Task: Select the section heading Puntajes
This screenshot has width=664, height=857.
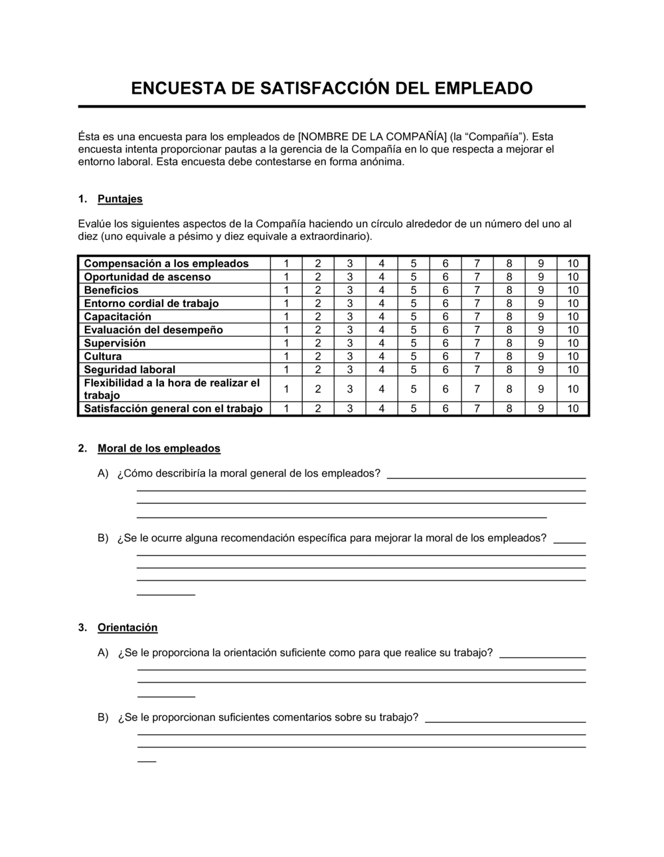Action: tap(120, 199)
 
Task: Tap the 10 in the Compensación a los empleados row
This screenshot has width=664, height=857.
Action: tap(572, 264)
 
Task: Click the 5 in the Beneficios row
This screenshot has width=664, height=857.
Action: tap(413, 290)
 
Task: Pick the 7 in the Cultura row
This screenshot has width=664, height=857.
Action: tap(477, 357)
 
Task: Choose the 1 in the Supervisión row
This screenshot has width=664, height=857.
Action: tap(286, 343)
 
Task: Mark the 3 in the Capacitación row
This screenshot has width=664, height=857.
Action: tap(350, 317)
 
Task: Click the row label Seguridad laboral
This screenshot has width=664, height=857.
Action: tap(129, 370)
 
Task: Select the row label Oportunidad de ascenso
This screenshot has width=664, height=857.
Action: tap(147, 277)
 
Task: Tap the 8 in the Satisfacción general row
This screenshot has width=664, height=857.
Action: tap(509, 409)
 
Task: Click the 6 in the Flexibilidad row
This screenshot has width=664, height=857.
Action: tap(445, 389)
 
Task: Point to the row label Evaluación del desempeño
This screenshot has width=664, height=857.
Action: tap(153, 330)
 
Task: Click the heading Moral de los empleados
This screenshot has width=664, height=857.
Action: tap(159, 448)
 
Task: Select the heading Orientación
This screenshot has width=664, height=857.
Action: tap(127, 628)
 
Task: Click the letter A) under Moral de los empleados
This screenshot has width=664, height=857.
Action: tap(103, 474)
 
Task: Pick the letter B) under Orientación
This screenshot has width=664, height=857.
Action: tap(103, 717)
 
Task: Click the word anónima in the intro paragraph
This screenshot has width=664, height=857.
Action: tap(380, 162)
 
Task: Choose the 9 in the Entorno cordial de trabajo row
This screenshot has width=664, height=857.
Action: tap(540, 304)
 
